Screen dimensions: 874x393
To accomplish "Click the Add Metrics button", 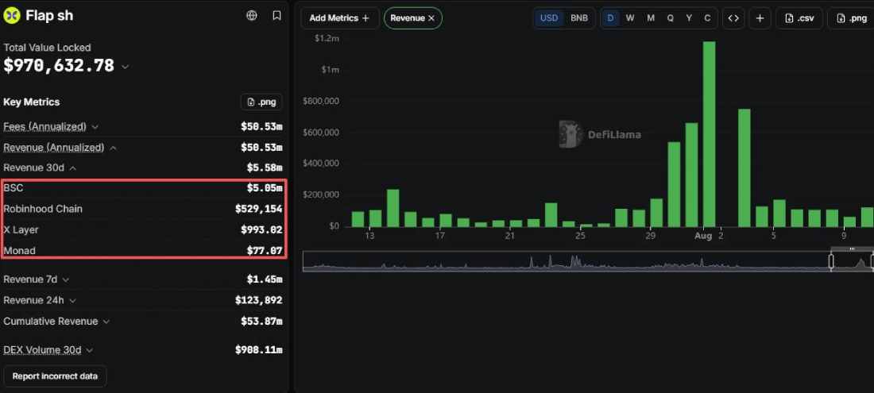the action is coord(339,17).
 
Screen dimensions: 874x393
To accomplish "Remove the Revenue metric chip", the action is coord(431,18).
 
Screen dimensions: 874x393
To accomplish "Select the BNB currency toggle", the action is coord(579,17).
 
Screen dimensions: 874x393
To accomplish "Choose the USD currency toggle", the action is coord(549,17).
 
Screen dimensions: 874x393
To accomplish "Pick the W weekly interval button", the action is coord(630,17).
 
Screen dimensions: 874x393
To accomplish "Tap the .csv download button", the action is coord(799,17).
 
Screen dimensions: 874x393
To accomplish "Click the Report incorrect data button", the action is coord(55,376).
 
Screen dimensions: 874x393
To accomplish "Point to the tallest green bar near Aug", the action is coord(709,134).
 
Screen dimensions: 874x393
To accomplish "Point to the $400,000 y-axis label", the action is coord(320,164).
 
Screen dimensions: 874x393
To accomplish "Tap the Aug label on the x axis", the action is coord(703,236).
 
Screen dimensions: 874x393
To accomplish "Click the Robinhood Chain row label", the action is coord(43,209).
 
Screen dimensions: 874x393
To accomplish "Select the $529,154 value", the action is coord(259,210).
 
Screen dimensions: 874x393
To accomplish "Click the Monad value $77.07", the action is coord(265,251).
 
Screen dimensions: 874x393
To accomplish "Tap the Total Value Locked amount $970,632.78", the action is coord(59,66).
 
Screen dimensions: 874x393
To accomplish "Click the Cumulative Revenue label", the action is coord(51,322).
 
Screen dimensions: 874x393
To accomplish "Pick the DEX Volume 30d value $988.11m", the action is coord(259,350).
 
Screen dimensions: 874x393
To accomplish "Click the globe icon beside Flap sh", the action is coord(252,16).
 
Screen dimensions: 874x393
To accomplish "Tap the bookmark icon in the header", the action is coord(277,16).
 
